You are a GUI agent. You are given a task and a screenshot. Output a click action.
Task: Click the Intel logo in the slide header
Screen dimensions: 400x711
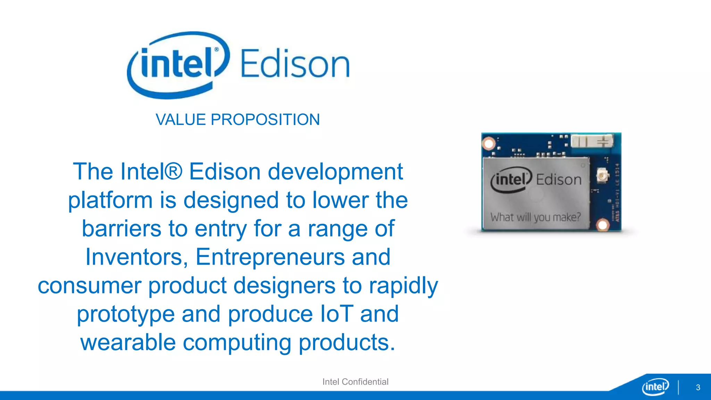click(x=178, y=65)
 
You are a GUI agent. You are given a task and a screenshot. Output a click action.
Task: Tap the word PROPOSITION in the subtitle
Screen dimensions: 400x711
click(x=265, y=120)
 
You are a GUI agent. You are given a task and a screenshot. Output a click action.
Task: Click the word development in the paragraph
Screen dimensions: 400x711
click(x=335, y=172)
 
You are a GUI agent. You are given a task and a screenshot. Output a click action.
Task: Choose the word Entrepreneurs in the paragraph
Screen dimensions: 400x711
click(x=270, y=257)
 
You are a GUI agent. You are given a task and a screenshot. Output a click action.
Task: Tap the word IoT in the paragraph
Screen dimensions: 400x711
click(x=336, y=314)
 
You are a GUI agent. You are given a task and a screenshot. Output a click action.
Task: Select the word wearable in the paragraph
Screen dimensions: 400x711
click(x=128, y=342)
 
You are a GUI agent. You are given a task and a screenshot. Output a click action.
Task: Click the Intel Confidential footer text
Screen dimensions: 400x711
click(x=355, y=382)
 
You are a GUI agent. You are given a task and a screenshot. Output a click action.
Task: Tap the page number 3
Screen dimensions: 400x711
click(x=698, y=387)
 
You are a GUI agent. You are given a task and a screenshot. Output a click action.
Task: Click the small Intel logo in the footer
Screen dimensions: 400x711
click(x=655, y=386)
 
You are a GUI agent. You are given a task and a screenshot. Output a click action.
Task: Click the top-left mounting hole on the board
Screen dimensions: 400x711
click(x=489, y=143)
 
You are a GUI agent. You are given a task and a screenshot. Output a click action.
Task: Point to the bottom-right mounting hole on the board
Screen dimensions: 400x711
click(x=603, y=225)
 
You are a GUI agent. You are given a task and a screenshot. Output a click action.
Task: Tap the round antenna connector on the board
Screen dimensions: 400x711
click(x=602, y=176)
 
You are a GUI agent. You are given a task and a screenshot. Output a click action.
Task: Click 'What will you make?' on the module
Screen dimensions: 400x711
click(x=535, y=217)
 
